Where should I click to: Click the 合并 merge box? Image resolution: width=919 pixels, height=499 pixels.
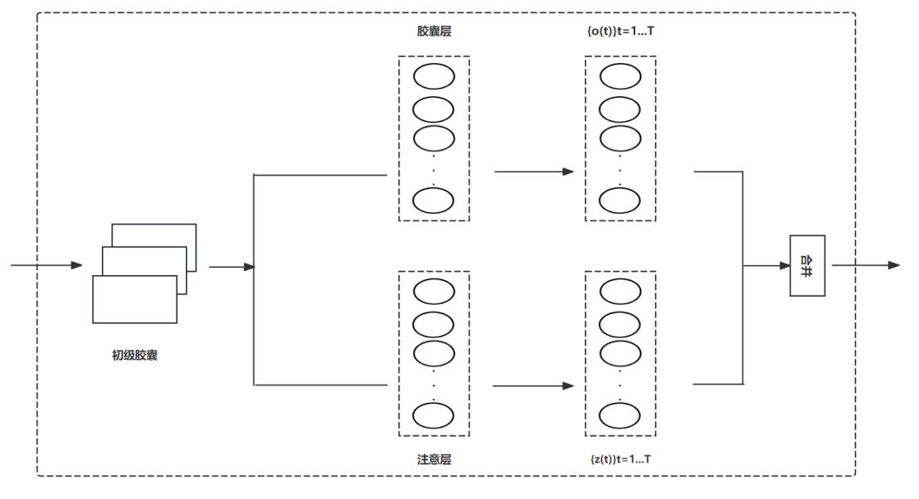pos(807,265)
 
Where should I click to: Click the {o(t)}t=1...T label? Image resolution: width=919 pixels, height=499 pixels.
pos(620,31)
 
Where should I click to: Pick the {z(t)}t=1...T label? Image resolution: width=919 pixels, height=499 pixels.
pos(620,459)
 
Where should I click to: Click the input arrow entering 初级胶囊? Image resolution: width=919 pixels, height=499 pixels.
pos(46,265)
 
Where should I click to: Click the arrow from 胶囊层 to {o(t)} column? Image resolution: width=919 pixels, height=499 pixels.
pos(533,172)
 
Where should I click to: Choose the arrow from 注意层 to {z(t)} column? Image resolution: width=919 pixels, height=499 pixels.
pos(533,385)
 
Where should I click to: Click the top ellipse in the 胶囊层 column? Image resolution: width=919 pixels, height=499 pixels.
pos(434,77)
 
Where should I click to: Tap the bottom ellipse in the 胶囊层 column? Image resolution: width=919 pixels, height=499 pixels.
pos(434,201)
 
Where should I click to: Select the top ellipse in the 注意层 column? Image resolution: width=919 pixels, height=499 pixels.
pos(434,292)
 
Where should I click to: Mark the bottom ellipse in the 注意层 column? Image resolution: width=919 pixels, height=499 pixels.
pos(434,414)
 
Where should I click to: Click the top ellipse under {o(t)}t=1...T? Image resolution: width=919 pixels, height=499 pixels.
pos(620,77)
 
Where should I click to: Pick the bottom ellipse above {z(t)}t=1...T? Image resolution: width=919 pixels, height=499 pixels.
pos(620,414)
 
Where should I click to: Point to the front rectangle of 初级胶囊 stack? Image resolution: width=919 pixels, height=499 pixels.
pos(134,299)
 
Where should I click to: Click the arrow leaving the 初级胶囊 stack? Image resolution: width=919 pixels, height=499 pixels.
pos(231,267)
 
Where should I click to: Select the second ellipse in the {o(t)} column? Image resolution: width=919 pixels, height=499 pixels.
pos(620,109)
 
